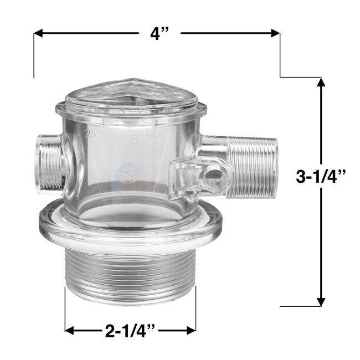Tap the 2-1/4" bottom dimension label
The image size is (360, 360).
click(x=130, y=331)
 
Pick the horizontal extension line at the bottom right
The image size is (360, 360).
click(x=299, y=306)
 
